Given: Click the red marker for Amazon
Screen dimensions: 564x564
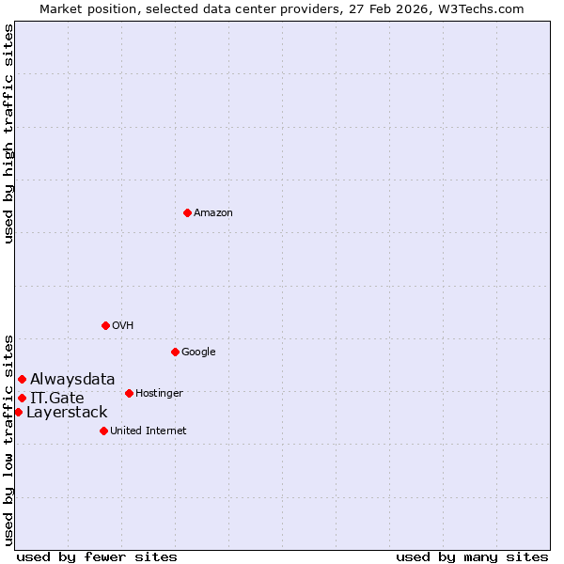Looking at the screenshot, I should click(187, 212).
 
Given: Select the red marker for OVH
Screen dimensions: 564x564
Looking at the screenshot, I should click(105, 325).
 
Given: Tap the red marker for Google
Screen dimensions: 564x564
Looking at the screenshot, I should click(175, 352).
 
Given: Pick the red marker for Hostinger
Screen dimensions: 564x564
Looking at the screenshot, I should click(129, 393).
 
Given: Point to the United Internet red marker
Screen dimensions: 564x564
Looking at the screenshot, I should click(103, 431).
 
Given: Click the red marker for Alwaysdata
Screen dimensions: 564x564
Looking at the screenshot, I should click(22, 379).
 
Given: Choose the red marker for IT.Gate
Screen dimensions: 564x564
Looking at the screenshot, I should click(22, 398).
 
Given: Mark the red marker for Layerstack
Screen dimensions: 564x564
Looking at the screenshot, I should click(18, 412).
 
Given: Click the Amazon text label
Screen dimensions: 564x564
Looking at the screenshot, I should click(213, 212).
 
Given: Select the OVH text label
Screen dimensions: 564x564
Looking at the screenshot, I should click(123, 325).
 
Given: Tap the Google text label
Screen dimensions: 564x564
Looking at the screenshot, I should click(198, 352).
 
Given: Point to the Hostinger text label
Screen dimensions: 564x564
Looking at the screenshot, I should click(159, 393).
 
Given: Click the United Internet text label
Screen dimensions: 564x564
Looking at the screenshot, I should click(149, 431).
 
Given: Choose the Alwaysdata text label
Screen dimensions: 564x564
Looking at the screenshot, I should click(72, 380).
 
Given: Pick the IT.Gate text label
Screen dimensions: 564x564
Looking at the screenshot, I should click(56, 399).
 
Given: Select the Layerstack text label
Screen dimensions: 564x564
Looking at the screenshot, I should click(67, 413).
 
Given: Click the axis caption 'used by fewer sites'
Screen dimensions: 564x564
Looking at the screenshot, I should click(97, 556).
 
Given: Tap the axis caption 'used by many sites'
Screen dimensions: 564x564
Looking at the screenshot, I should click(472, 556).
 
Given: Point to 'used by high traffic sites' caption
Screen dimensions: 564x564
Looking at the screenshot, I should click(9, 133).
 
